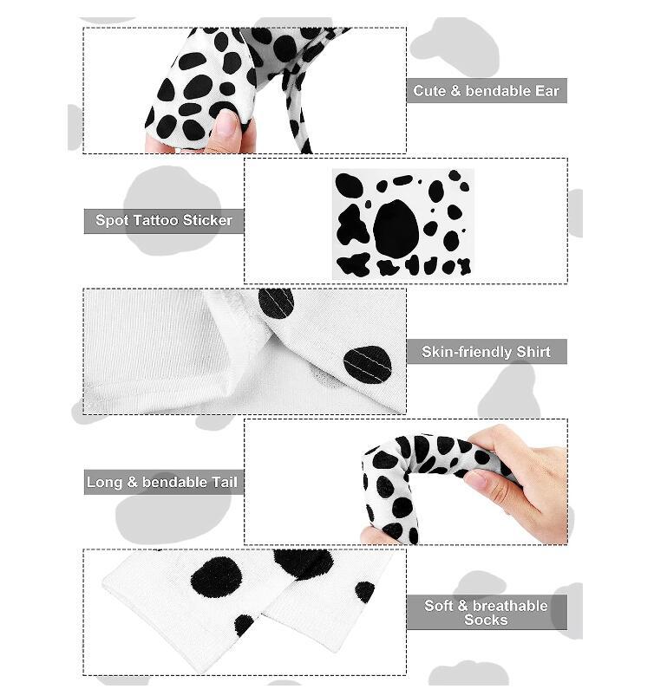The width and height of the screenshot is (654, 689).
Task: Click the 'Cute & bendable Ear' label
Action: (486, 90)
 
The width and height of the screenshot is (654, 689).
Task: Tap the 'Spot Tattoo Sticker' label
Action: (164, 220)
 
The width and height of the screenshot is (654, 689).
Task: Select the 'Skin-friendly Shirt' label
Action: (486, 352)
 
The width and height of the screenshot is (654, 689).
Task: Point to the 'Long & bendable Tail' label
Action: (163, 482)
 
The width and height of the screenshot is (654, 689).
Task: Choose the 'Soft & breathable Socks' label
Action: (486, 612)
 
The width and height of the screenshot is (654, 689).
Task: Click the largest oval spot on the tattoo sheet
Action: (396, 228)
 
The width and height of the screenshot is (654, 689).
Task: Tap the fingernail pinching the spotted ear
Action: (227, 122)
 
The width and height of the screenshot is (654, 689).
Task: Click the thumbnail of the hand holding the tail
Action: (476, 479)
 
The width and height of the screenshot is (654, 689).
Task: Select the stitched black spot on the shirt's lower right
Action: (367, 364)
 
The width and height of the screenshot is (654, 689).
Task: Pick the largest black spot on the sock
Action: (217, 577)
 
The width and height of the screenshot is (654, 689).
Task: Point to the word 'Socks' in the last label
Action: (486, 620)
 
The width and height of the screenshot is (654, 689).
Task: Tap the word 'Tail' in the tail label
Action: (225, 482)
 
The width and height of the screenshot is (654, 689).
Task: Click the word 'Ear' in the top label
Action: (547, 90)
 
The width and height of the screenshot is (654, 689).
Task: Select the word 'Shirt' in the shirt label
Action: (533, 352)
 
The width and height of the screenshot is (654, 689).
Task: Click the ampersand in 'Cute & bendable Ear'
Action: (455, 90)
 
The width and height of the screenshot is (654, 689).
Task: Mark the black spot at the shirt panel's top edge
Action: (276, 302)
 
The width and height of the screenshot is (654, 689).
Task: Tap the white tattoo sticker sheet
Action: (403, 224)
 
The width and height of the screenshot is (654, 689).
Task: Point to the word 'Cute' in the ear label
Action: (429, 90)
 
